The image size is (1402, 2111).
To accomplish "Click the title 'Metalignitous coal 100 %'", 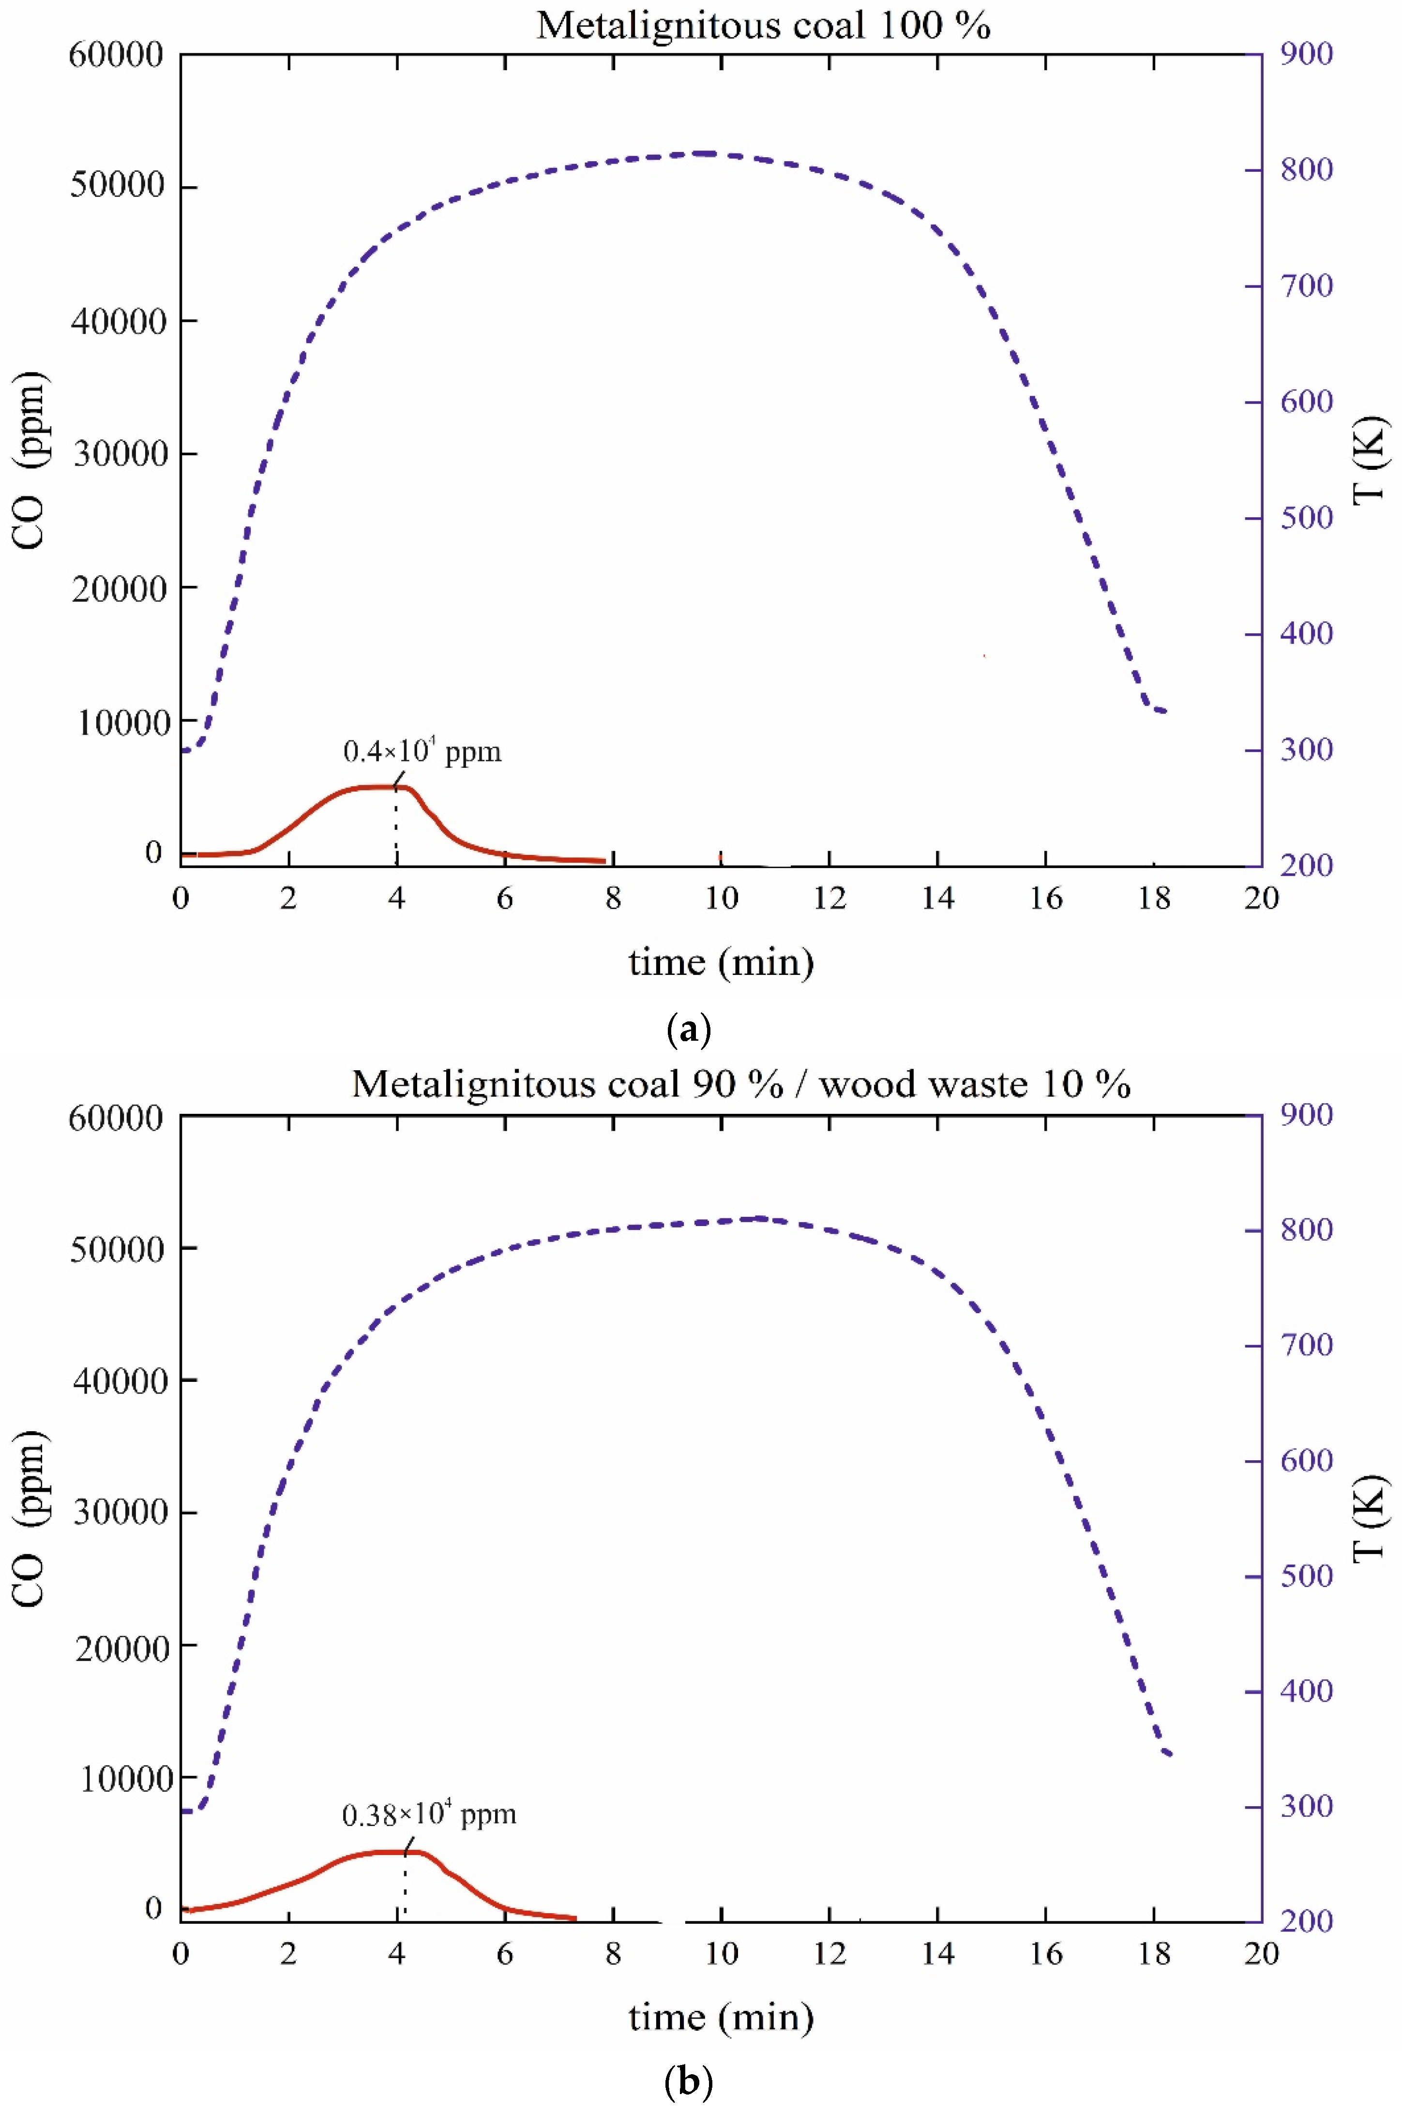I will (763, 26).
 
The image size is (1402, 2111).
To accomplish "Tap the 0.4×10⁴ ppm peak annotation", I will (422, 751).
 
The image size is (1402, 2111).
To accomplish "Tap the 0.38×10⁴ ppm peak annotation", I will (429, 1815).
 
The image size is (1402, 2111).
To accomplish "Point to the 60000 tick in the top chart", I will (116, 56).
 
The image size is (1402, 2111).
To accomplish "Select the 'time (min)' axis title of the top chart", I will (721, 962).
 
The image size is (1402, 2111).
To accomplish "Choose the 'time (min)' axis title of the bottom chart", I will (721, 2017).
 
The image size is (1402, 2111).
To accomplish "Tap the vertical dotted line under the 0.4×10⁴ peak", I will (396, 827).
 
